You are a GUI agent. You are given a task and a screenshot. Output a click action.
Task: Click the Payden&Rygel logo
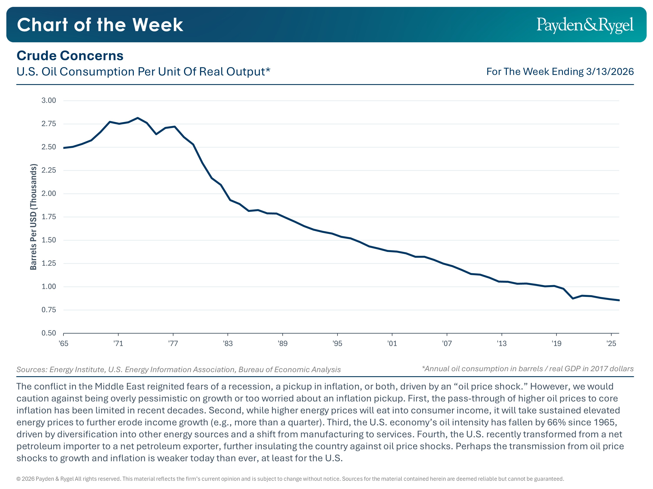(x=585, y=25)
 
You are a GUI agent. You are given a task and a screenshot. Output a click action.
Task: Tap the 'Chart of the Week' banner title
(x=100, y=25)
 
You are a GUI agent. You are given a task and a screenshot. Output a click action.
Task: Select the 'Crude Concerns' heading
(x=70, y=56)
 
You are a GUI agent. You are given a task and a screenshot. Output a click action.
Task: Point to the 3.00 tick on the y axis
(x=49, y=100)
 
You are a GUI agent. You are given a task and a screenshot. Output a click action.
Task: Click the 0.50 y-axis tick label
(x=49, y=333)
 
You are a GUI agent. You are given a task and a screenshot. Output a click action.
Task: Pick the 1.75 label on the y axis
(x=49, y=217)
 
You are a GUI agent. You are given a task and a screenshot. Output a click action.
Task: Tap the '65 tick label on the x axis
(x=64, y=343)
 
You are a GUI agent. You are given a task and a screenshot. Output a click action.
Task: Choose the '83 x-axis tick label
(x=228, y=343)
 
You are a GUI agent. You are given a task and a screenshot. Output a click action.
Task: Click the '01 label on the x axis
(x=392, y=343)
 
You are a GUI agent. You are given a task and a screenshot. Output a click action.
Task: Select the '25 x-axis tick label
(x=611, y=343)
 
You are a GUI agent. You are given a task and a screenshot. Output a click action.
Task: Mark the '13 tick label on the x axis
(x=502, y=343)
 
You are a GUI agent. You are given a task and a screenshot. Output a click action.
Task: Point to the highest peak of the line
(x=138, y=118)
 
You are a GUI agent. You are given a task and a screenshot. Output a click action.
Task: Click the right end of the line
(x=619, y=300)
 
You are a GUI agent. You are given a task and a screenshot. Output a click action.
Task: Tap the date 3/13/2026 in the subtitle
(x=610, y=72)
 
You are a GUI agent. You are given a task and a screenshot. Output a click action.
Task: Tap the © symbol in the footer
(x=18, y=479)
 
